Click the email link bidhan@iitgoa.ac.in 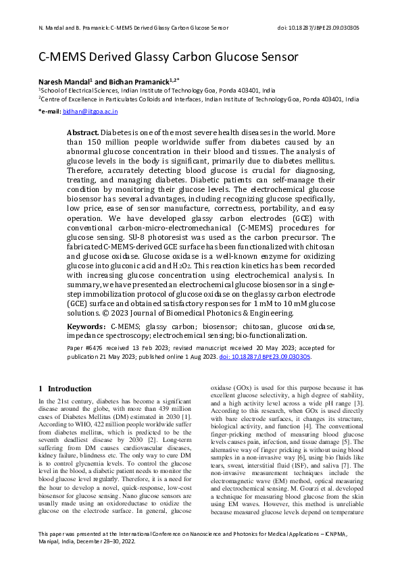pos(95,110)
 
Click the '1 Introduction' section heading pos(65,389)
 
